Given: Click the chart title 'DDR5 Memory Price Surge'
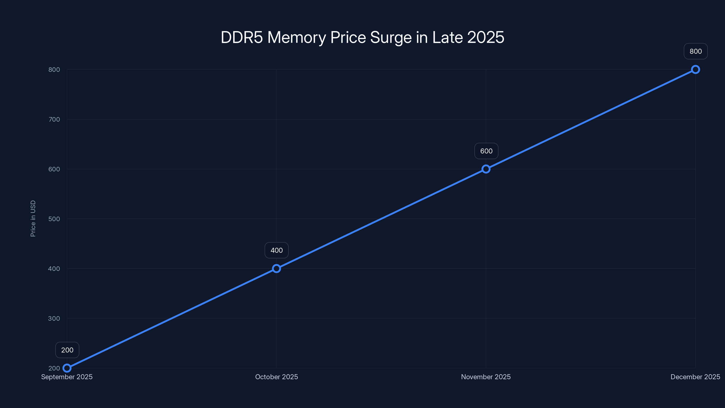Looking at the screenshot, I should [362, 37].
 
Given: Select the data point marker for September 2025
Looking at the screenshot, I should [67, 368].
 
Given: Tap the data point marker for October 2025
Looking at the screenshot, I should [276, 269].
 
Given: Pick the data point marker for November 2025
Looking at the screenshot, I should [486, 169].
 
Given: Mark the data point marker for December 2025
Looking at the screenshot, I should [696, 70].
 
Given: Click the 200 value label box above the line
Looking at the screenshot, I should [67, 350].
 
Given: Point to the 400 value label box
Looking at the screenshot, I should [277, 250].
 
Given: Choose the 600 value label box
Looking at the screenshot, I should [486, 151].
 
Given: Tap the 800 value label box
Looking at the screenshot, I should [696, 51].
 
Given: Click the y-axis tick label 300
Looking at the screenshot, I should [54, 318].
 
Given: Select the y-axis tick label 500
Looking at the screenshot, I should [54, 219].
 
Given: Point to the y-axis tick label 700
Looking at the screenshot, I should [54, 119].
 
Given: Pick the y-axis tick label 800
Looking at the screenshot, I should [54, 70].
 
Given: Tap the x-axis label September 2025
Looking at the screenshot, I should [67, 377].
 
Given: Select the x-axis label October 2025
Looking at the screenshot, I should [276, 377].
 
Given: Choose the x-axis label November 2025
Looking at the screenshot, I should [486, 377].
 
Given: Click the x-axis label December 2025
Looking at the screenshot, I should [695, 377].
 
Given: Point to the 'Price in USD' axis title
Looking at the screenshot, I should [33, 219].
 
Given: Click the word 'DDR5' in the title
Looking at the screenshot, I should [242, 37].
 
